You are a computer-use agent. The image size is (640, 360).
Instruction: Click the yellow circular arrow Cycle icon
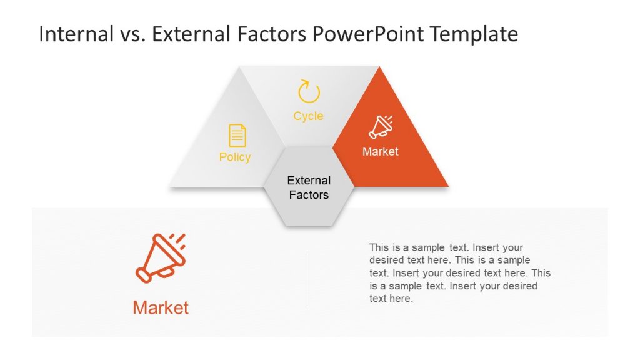tap(309, 91)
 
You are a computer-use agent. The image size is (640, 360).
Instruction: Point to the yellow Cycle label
tap(309, 116)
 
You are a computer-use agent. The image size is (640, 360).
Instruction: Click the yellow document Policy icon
tap(237, 135)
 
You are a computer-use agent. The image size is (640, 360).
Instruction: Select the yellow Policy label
tap(235, 157)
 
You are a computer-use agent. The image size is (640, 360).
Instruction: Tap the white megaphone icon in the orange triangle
tap(380, 127)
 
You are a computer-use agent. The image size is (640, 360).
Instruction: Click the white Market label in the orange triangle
tap(380, 151)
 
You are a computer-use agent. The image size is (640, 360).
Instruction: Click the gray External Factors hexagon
tap(309, 206)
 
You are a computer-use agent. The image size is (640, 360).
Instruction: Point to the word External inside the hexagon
tap(309, 181)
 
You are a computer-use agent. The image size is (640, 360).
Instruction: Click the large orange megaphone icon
tap(161, 257)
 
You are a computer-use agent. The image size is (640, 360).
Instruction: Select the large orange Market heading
tap(161, 307)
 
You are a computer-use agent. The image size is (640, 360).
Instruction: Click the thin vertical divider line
tap(307, 281)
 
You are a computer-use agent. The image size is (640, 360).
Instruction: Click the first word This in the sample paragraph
tap(379, 247)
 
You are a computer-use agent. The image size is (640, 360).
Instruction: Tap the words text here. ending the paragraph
tap(391, 299)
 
